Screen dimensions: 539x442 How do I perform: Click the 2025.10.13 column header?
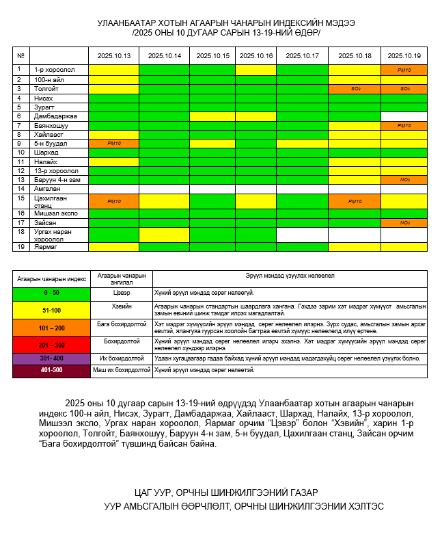(113, 55)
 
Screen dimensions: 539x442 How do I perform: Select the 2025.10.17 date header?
(302, 55)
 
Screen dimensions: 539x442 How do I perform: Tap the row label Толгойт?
(47, 89)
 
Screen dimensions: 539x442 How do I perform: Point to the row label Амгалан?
(47, 188)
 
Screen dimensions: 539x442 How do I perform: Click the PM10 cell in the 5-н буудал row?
(113, 144)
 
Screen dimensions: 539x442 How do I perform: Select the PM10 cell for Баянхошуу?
(404, 125)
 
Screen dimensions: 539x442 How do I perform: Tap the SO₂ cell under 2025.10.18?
(355, 89)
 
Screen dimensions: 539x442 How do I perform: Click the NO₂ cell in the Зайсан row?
(404, 222)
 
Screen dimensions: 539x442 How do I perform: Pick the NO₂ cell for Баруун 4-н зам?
(404, 179)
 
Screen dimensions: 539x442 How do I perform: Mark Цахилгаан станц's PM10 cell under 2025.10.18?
(355, 201)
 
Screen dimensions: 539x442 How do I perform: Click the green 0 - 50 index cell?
(51, 292)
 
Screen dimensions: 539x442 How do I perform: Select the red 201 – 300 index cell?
(51, 345)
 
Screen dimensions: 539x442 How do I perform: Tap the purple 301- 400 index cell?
(51, 358)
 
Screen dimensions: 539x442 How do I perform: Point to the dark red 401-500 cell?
(51, 371)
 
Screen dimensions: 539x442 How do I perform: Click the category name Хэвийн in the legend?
(122, 306)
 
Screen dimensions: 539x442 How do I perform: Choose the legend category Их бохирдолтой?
(122, 358)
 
